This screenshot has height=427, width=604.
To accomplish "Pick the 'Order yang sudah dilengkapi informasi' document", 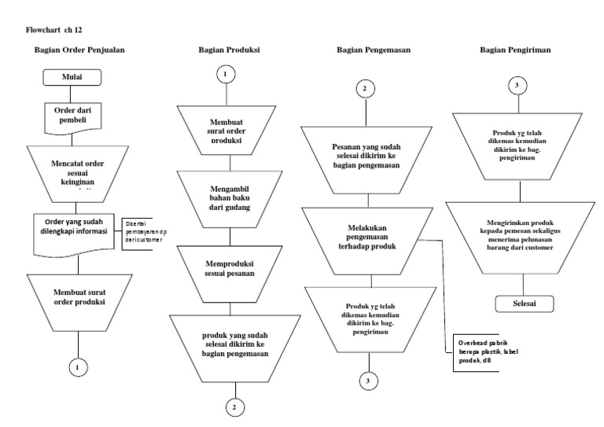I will (76, 232).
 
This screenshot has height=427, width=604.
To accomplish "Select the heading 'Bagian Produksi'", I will (229, 50).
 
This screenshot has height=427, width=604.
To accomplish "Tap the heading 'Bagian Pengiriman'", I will (515, 50).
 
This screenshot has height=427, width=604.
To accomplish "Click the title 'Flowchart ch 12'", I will (54, 29).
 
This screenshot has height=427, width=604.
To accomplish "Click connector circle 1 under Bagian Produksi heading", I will (225, 75).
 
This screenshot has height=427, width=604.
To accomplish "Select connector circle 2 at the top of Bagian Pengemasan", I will (364, 88).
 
